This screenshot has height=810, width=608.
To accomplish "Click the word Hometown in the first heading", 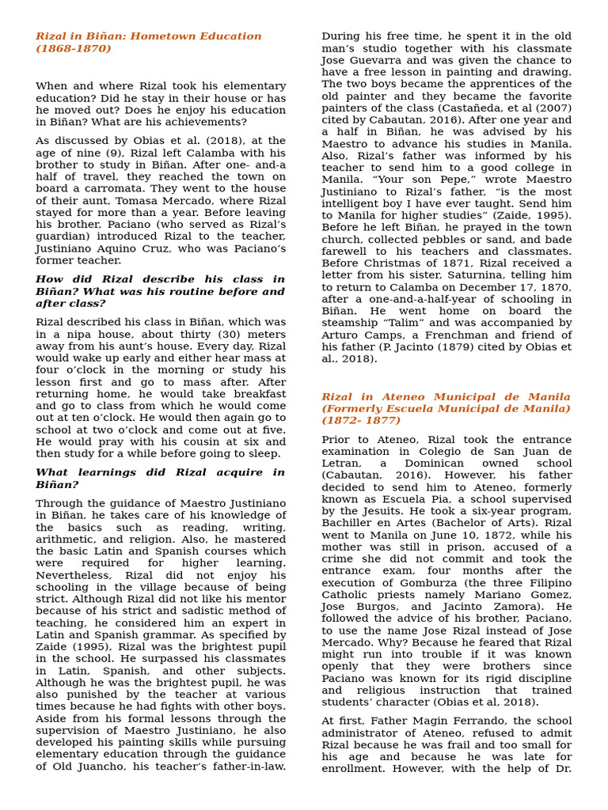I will [x=158, y=36].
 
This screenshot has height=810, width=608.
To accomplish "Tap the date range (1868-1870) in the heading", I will [x=74, y=49].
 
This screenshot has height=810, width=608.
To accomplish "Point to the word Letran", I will [x=342, y=464].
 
